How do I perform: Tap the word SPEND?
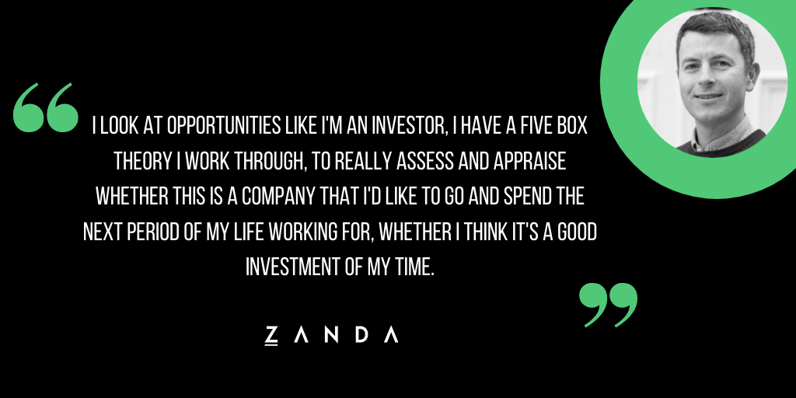(527, 197)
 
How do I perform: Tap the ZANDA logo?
(331, 335)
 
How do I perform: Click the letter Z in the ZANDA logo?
(271, 335)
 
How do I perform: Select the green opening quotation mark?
(46, 107)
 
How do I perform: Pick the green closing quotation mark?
(608, 305)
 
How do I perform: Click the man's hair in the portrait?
(716, 30)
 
